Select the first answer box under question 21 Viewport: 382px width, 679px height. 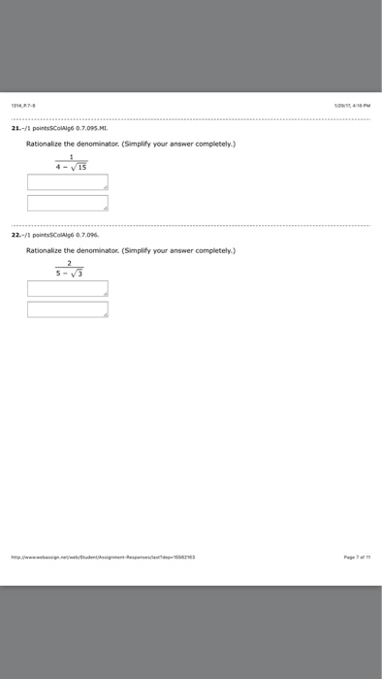point(68,181)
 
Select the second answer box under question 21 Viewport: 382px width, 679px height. point(68,203)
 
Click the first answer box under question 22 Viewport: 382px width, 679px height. point(68,288)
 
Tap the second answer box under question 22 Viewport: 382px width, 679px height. point(68,309)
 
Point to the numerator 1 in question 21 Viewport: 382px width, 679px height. point(71,157)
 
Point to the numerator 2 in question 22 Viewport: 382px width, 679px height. point(70,263)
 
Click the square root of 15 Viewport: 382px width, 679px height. point(80,167)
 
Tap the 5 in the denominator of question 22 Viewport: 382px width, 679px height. point(57,274)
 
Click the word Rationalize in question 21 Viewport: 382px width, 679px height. point(44,144)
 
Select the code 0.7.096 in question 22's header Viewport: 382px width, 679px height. point(86,234)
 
